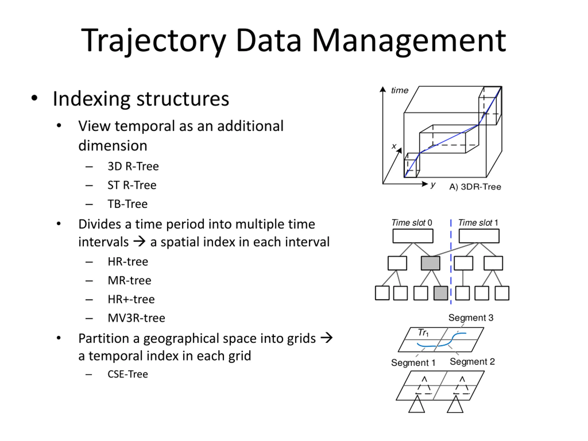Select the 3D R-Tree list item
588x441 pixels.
coord(133,166)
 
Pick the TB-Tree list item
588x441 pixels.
coord(127,204)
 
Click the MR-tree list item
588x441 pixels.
coord(129,280)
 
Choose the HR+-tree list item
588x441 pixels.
coord(131,299)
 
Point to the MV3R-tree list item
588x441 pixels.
coord(136,318)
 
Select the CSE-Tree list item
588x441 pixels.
coord(128,374)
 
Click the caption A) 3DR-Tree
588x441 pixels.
coord(475,187)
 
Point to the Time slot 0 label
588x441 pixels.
coord(412,223)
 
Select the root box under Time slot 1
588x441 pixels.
coord(479,236)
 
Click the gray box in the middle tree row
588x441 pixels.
coord(430,263)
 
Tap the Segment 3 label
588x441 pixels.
coord(471,318)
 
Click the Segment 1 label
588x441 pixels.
coord(413,363)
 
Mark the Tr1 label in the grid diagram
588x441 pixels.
coord(423,333)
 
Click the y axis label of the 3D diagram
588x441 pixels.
coord(433,184)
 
